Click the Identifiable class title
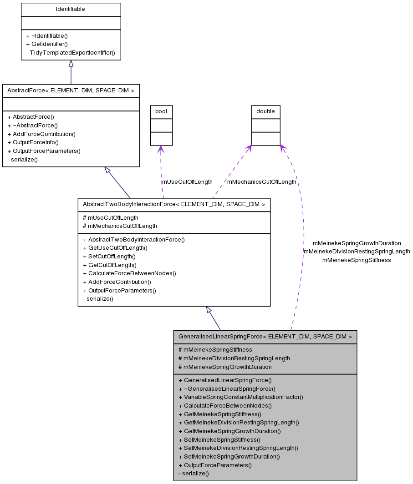coord(71,9)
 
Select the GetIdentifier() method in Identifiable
coord(47,44)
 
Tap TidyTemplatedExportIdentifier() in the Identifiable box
coord(71,53)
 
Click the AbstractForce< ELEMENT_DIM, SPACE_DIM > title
coord(71,91)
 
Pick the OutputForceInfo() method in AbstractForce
coord(33,142)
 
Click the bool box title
coord(161,111)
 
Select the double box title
coord(265,111)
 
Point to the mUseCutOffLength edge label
coord(187,181)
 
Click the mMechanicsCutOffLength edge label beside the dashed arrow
coord(261,181)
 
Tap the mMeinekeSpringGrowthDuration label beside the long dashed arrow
coord(357,243)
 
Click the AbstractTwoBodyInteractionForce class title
coord(174,205)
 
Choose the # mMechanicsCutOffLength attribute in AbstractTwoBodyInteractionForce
coord(120,226)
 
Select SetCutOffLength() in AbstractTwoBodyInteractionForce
coord(109,257)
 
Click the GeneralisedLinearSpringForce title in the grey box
coord(265,337)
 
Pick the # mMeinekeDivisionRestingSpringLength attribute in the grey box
coord(234,358)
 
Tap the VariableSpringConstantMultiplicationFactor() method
coord(240,397)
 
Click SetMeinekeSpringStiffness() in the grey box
coord(219,439)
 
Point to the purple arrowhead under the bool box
coord(160,149)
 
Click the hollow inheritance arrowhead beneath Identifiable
coord(71,64)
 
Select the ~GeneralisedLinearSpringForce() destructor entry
coord(227,389)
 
